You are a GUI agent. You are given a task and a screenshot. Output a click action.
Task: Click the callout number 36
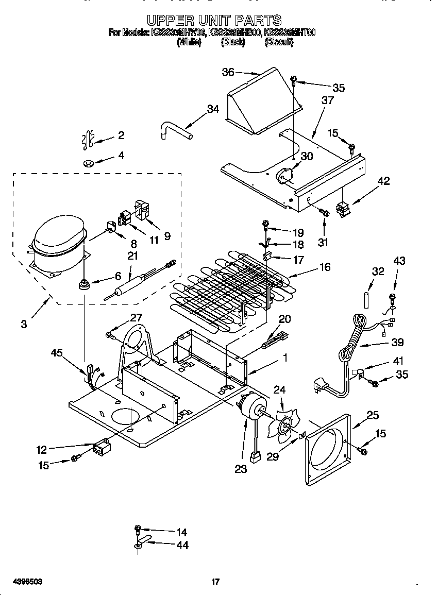click(228, 72)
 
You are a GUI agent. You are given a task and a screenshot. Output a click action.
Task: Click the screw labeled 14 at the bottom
click(138, 529)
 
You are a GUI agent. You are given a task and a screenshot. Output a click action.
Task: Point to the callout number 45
click(58, 352)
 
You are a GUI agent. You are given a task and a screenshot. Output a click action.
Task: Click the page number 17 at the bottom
click(215, 582)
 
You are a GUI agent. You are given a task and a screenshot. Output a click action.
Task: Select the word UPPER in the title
click(170, 20)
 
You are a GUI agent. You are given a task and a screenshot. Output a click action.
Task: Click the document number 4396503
click(24, 582)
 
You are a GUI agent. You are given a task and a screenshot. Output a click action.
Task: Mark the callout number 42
click(383, 181)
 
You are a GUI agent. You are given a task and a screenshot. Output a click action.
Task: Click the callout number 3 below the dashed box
click(24, 324)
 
